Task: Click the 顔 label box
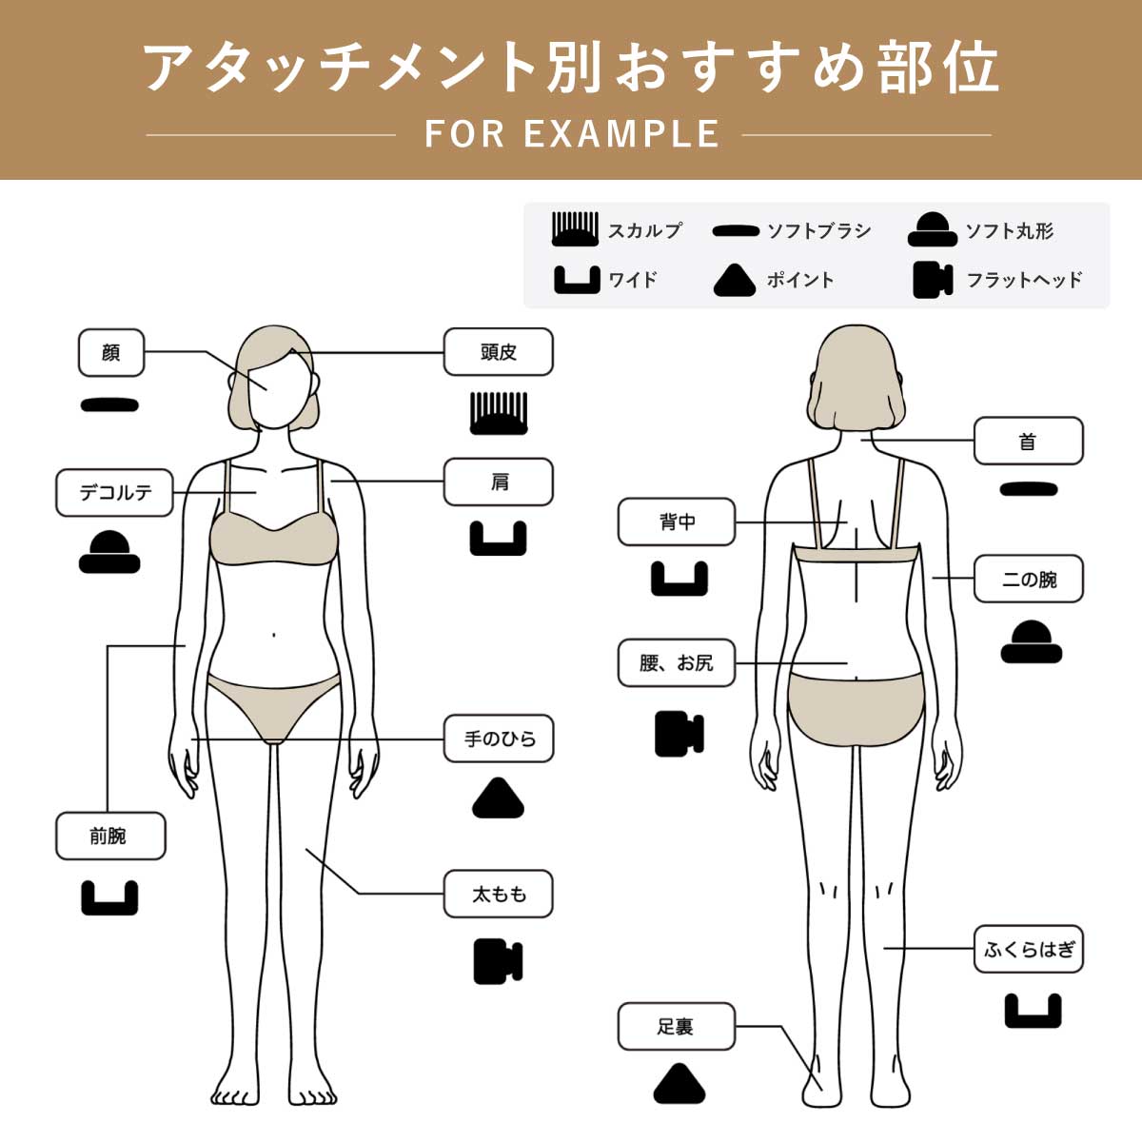coord(111,352)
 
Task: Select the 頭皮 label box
coord(499,352)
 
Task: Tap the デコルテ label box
coord(115,493)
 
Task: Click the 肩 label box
coord(499,482)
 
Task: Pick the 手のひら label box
coord(499,738)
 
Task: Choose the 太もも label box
coord(499,894)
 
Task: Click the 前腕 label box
coord(109,837)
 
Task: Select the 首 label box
coord(1028,442)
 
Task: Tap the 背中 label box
coord(677,522)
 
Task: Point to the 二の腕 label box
coord(1028,579)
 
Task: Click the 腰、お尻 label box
coord(677,662)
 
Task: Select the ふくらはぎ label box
coord(1028,949)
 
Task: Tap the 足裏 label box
coord(677,1027)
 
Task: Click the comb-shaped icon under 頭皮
coord(499,413)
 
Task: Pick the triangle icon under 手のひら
coord(499,799)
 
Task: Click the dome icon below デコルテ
coord(109,552)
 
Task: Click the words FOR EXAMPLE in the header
coord(571,134)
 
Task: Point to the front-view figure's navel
coord(274,634)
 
